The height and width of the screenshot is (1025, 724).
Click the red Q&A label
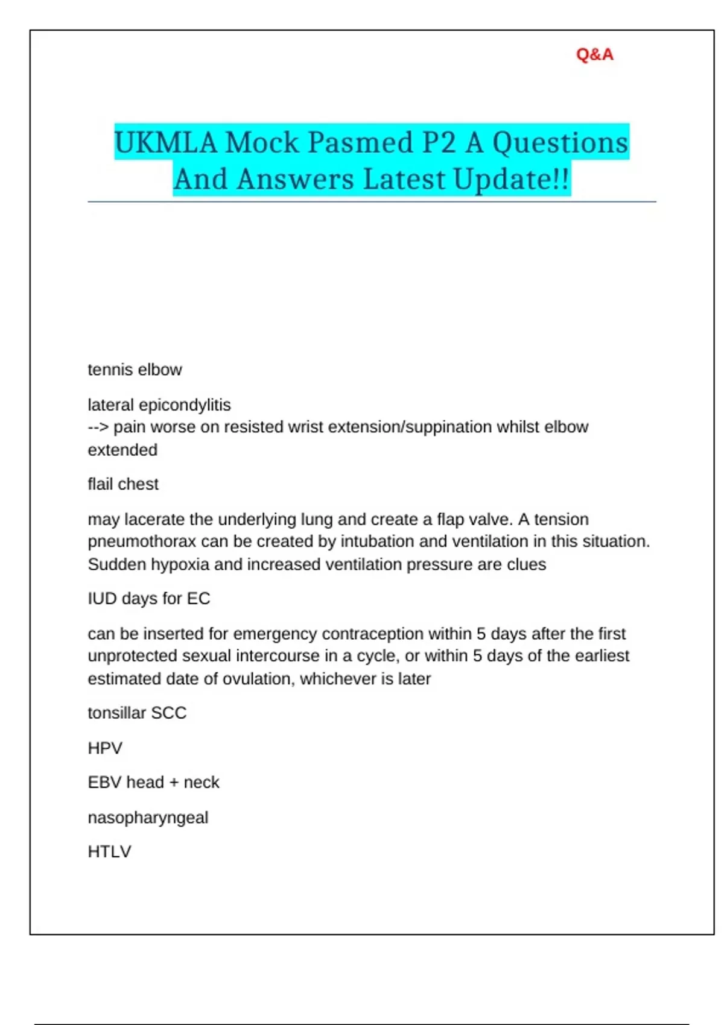(x=594, y=54)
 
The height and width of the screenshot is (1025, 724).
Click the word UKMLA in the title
(x=165, y=143)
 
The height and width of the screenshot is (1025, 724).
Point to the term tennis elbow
(x=135, y=370)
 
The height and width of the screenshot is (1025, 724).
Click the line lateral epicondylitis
(x=159, y=405)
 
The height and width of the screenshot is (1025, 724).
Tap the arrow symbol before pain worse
(x=98, y=427)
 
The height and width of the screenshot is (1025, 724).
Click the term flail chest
(x=123, y=484)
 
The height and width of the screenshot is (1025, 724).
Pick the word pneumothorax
(x=142, y=541)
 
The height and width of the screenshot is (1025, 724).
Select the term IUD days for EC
(x=149, y=599)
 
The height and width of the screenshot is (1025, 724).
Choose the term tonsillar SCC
(x=137, y=713)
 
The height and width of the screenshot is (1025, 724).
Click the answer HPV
(x=105, y=748)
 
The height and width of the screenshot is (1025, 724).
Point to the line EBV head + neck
(x=153, y=783)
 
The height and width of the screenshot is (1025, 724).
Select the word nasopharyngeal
(x=148, y=818)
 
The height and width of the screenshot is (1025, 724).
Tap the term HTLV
(x=109, y=852)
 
